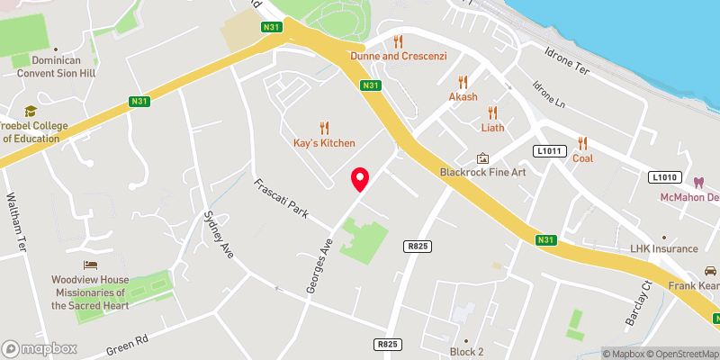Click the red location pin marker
(360, 178)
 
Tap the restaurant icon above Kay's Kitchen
(324, 129)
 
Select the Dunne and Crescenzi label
(397, 57)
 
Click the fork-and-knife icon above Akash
(463, 82)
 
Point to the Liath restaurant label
(492, 128)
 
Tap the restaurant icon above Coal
(583, 143)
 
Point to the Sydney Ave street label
(219, 235)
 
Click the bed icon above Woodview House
(90, 265)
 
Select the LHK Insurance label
(663, 248)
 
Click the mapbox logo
(38, 347)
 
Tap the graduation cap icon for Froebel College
(31, 111)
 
